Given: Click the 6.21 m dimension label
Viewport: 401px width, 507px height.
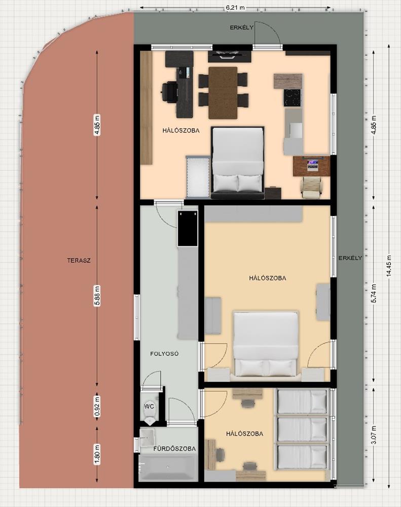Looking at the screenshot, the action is click(x=235, y=7).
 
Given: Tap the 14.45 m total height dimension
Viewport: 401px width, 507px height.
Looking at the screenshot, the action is click(x=389, y=266).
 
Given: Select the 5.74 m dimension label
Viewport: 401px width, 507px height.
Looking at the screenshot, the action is click(x=374, y=293).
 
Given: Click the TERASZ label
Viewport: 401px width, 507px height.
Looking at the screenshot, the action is click(x=79, y=260).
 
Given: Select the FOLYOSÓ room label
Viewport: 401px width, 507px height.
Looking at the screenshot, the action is click(x=164, y=354).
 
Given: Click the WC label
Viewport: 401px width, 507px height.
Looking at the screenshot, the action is click(x=149, y=406).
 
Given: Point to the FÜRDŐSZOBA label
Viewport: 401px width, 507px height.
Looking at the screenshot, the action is click(x=174, y=449).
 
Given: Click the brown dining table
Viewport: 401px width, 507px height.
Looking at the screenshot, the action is click(x=223, y=93).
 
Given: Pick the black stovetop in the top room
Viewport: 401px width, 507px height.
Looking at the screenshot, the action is click(x=293, y=98).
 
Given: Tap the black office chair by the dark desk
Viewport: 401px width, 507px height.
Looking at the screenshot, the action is click(x=169, y=92).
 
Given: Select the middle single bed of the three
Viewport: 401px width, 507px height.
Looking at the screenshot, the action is click(x=302, y=429).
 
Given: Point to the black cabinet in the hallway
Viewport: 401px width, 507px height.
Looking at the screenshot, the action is click(x=187, y=228).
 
